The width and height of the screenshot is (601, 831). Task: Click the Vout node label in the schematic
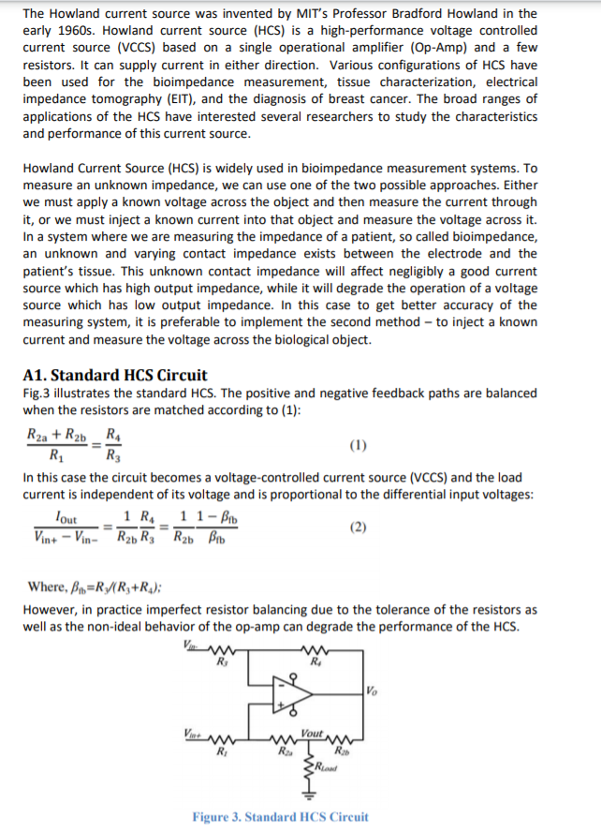[x=313, y=734]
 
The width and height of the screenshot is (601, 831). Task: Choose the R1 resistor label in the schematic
[x=222, y=751]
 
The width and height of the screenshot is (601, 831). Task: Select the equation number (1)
[x=359, y=444]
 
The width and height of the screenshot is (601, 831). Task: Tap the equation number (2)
[x=359, y=527]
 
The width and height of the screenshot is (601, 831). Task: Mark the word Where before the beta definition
[x=46, y=587]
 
